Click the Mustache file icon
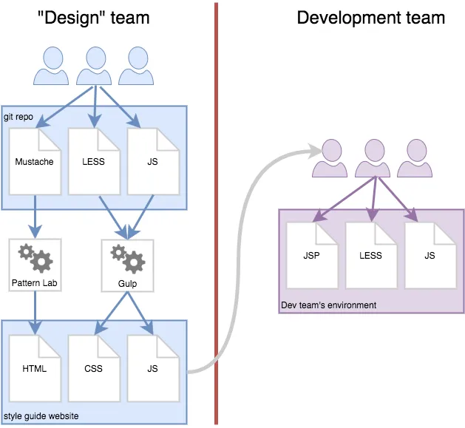(x=35, y=161)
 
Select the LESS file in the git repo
(x=94, y=161)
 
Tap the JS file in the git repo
(x=153, y=161)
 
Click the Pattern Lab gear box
(x=35, y=264)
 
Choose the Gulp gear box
(x=127, y=265)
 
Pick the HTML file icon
(x=35, y=367)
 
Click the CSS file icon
(x=94, y=367)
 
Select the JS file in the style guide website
(x=153, y=367)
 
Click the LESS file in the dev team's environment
(x=371, y=255)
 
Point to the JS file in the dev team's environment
(x=430, y=255)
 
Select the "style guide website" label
(x=41, y=417)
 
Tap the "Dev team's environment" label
(x=329, y=305)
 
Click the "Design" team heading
(x=93, y=18)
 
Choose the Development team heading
(x=370, y=18)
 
